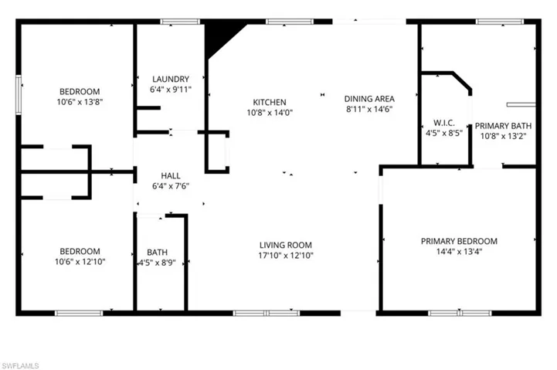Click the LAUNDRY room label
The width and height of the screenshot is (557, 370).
[x=171, y=79]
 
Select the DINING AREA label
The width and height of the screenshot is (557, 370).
[x=369, y=99]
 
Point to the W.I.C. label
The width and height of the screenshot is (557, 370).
[x=443, y=122]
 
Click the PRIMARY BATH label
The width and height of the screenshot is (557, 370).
[x=503, y=126]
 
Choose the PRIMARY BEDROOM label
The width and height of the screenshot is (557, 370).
[x=459, y=241]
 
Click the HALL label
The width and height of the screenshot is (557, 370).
[x=171, y=175]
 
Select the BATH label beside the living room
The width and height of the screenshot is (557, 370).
[x=157, y=252]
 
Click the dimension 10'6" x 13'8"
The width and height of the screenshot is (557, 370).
[x=80, y=102]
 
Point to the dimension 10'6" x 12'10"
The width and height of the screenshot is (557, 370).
[x=80, y=262]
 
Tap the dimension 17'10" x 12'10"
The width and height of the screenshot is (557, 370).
[x=287, y=256]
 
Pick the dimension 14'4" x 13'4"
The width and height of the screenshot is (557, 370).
[x=459, y=252]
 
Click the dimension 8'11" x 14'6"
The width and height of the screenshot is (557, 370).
[x=369, y=110]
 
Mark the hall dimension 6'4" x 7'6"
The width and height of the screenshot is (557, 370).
[x=171, y=186]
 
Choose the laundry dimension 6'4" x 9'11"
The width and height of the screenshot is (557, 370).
[x=171, y=90]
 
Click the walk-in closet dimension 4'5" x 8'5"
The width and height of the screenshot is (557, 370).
[x=443, y=133]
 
